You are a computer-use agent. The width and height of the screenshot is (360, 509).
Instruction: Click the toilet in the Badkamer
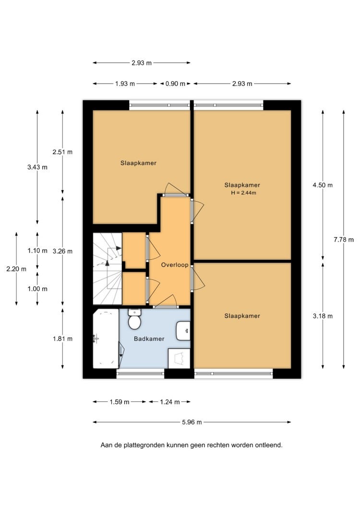click(134, 319)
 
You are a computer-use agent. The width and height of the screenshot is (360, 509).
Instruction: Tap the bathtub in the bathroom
click(106, 339)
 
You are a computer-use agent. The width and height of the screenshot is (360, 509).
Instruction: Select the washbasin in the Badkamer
click(183, 331)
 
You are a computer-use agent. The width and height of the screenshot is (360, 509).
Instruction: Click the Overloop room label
click(175, 265)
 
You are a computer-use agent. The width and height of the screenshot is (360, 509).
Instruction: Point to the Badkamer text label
click(149, 339)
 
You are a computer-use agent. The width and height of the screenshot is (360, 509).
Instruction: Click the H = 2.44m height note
click(243, 193)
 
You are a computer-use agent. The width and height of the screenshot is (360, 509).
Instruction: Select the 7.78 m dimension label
click(344, 240)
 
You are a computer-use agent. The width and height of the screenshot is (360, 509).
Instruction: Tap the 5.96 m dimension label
click(192, 422)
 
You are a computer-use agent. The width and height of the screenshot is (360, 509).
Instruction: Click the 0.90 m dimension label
click(175, 84)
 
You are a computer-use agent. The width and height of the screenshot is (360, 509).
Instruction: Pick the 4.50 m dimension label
click(323, 185)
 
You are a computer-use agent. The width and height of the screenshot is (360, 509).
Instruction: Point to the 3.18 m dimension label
click(323, 316)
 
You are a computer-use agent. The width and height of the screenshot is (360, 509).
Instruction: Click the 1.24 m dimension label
click(170, 402)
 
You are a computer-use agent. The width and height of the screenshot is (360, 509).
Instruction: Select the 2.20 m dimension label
click(16, 269)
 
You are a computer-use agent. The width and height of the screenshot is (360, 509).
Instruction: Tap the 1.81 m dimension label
click(63, 339)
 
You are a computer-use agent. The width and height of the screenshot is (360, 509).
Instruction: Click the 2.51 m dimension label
click(63, 152)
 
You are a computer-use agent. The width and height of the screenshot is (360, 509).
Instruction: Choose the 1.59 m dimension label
click(120, 402)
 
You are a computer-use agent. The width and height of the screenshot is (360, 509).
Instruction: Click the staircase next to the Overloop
click(108, 269)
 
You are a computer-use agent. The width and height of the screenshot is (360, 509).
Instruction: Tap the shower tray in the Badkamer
click(179, 358)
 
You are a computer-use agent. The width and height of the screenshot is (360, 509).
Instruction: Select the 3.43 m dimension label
click(37, 167)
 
